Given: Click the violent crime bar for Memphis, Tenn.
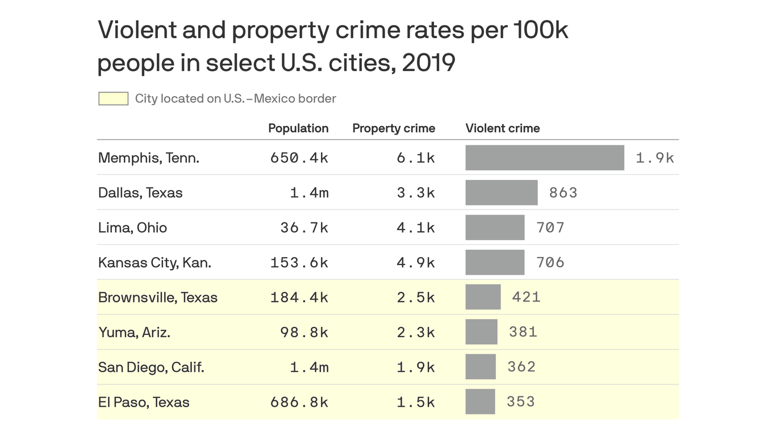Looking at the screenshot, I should coord(544,158).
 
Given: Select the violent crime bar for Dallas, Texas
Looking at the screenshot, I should coord(501,192).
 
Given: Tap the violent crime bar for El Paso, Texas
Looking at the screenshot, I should coord(480,402).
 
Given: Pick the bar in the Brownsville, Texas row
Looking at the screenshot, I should coord(483,297).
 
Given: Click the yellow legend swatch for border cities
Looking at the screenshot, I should coord(113,99).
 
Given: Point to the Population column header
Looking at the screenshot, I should coord(298,128).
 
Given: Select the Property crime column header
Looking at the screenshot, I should coord(394,128).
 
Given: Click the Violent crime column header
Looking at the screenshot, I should coord(503,128).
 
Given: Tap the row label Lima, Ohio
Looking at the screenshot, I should coord(132,228).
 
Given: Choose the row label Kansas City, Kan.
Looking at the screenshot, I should coord(155,263).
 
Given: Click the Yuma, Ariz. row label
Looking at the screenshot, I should coord(134,332).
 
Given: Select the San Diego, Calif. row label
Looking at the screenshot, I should coord(151,367).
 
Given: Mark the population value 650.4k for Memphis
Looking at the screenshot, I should coord(299,158).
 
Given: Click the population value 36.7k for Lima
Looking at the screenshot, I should coord(304,228).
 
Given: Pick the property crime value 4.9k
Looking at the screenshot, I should coord(416,263).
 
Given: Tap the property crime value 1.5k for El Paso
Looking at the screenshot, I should coord(416,402).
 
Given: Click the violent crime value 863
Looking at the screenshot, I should coord(563,192).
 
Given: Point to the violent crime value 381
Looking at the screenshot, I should coord(523,332).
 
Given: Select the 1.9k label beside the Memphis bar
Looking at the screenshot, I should coord(654,158).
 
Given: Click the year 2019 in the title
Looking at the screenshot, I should coord(429,62).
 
